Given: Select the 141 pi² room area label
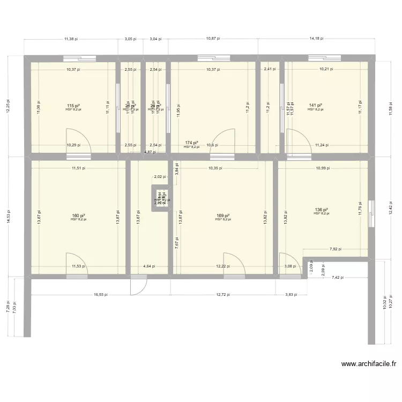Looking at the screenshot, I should pyautogui.click(x=315, y=106).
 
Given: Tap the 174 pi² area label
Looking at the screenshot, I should pyautogui.click(x=191, y=143).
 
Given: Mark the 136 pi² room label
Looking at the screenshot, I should pyautogui.click(x=322, y=210).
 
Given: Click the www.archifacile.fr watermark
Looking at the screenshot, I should pyautogui.click(x=369, y=364).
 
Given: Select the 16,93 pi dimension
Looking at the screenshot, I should pyautogui.click(x=100, y=294).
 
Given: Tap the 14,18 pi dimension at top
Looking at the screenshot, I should pyautogui.click(x=316, y=39).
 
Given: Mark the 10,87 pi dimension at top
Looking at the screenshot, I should pyautogui.click(x=213, y=39).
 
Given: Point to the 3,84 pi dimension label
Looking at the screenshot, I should pyautogui.click(x=176, y=170).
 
